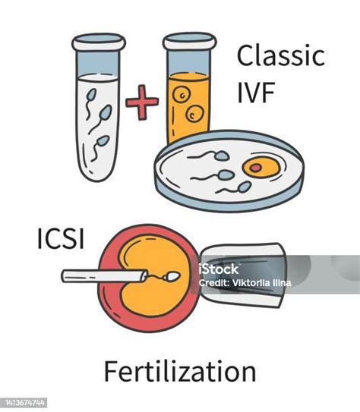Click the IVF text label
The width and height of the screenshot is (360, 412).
tap(255, 94)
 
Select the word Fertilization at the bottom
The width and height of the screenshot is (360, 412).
tap(180, 372)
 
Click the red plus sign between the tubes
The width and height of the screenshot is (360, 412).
tap(139, 103)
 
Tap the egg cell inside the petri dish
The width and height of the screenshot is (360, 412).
tap(258, 165)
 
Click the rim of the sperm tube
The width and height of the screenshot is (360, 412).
tap(98, 37)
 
